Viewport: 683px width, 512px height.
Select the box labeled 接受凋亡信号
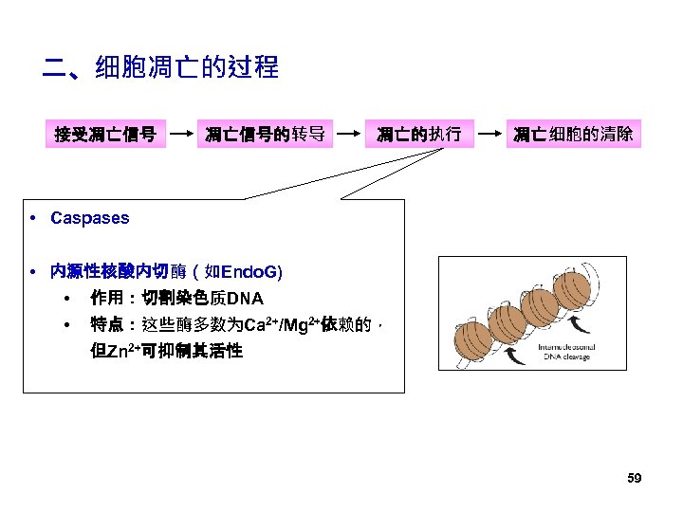coord(105,135)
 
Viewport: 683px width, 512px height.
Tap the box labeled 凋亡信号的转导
coord(266,135)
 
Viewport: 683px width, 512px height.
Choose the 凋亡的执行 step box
coord(418,135)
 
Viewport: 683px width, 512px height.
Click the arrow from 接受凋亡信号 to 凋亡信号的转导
coord(180,135)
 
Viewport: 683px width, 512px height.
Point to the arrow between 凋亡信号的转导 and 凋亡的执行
coord(351,135)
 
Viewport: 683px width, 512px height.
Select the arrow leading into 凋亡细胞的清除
coord(489,135)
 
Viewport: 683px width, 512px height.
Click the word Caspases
coord(89,218)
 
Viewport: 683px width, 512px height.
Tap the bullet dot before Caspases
coord(33,218)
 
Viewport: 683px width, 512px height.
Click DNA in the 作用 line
coord(245,300)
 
